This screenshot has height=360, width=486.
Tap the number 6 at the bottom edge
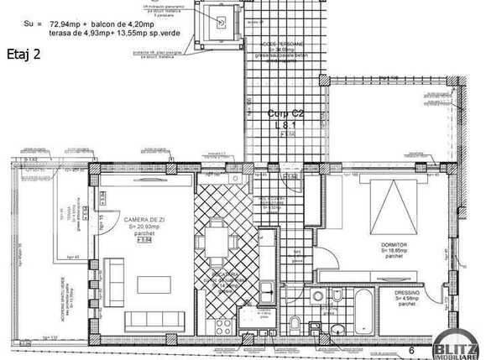point(411,349)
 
